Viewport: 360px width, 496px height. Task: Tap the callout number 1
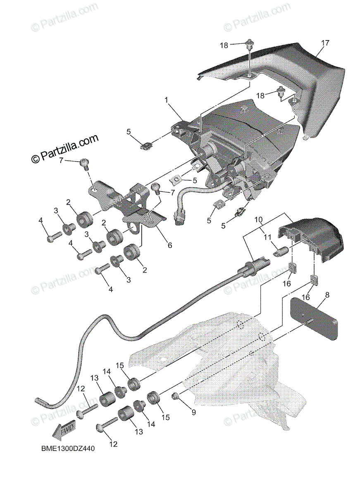point(167,100)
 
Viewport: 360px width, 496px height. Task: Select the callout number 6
point(169,245)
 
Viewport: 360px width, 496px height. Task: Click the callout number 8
point(327,295)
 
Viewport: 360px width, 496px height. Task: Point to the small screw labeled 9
point(175,397)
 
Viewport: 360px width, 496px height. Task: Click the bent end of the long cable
point(41,400)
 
